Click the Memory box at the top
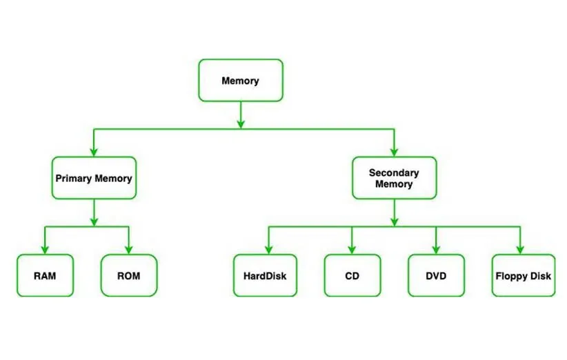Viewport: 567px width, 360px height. click(x=240, y=81)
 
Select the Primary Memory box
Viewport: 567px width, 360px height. click(x=94, y=178)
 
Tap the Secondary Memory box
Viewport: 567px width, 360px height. click(x=394, y=178)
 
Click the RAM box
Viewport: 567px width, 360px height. click(x=45, y=276)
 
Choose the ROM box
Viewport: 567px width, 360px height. click(x=129, y=276)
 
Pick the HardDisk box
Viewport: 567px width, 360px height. click(x=265, y=276)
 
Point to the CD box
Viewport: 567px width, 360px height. click(x=352, y=276)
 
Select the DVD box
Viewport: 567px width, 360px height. click(x=436, y=276)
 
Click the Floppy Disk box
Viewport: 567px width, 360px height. click(x=523, y=276)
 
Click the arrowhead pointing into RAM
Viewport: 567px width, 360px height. click(x=45, y=250)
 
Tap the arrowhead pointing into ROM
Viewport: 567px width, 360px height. click(x=129, y=250)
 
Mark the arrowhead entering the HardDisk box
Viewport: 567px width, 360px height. click(x=268, y=250)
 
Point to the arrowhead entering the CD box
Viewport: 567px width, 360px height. click(x=352, y=250)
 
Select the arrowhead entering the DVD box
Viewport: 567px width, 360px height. click(x=436, y=250)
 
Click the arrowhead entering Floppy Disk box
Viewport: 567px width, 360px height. click(x=520, y=250)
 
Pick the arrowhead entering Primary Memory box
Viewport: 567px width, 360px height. click(x=94, y=152)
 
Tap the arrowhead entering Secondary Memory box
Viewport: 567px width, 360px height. click(x=394, y=152)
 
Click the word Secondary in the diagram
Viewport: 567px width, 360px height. click(x=394, y=172)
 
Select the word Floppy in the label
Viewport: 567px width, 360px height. click(x=511, y=277)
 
